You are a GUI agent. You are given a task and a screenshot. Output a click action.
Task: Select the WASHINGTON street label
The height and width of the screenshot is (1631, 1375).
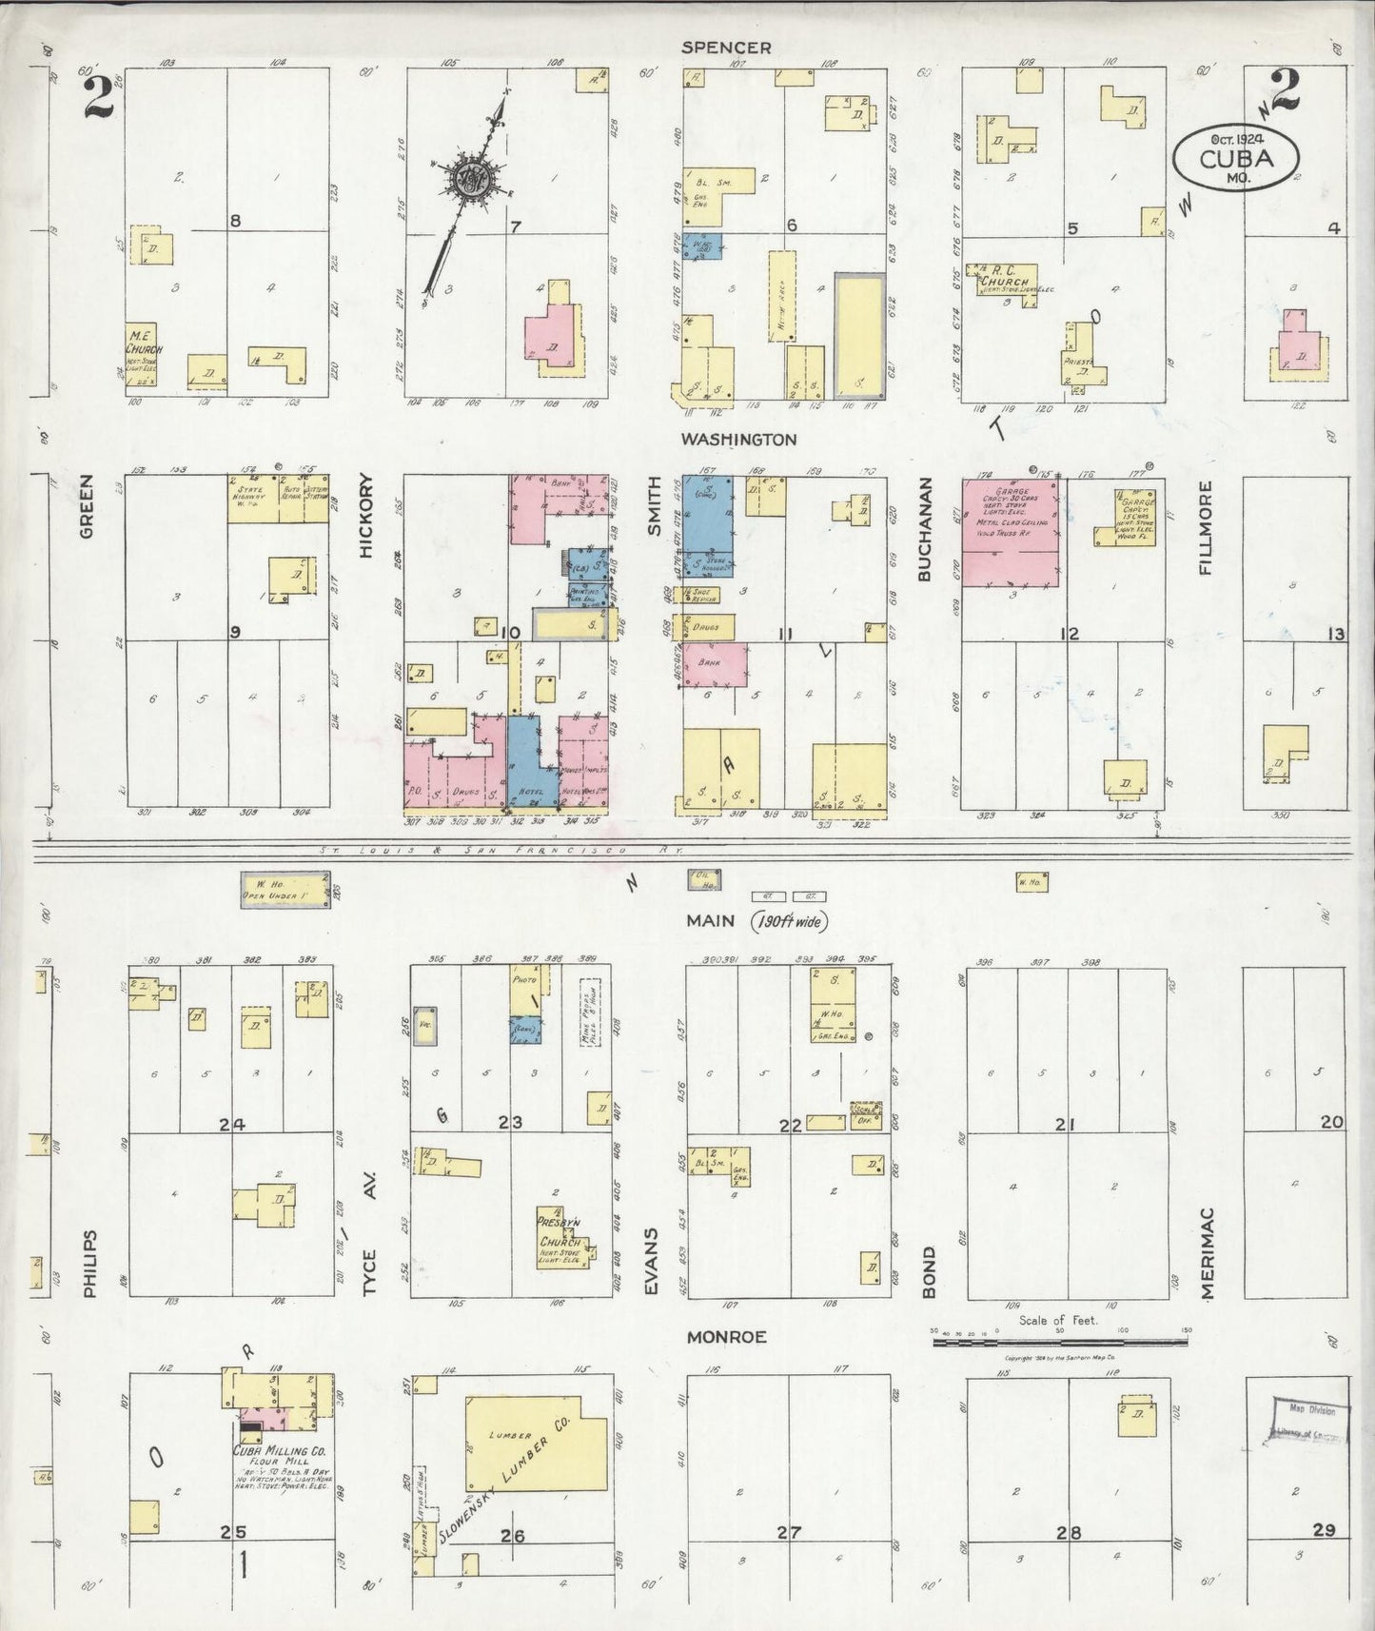(x=738, y=440)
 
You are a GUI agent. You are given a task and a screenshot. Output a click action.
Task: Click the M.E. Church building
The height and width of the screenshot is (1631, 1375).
(x=144, y=354)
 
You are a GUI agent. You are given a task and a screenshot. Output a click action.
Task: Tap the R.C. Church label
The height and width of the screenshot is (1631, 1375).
(x=1007, y=282)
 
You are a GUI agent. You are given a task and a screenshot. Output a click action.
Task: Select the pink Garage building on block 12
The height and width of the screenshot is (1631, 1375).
(x=1012, y=531)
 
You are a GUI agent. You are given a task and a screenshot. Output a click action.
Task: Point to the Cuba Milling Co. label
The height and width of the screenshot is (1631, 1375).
(x=280, y=1452)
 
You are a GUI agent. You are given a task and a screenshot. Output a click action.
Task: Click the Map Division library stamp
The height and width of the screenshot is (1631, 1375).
(x=1311, y=1421)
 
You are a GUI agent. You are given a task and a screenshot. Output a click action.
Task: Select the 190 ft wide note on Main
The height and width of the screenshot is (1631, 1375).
(x=789, y=921)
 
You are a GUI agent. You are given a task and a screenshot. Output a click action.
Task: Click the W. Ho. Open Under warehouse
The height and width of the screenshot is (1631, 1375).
(x=285, y=889)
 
